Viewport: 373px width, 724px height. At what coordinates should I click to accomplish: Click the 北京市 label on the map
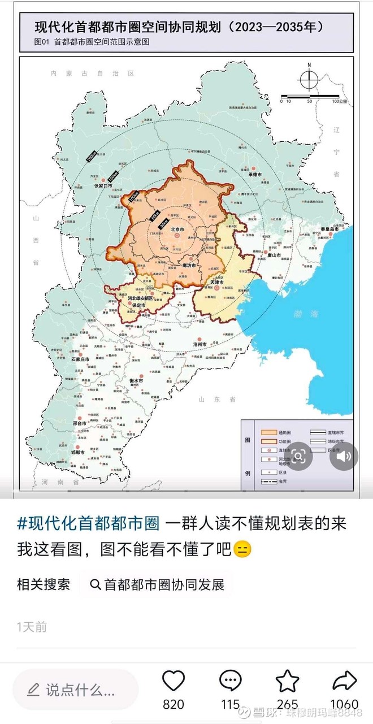click(179, 229)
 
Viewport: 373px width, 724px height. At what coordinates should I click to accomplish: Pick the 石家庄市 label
click(80, 359)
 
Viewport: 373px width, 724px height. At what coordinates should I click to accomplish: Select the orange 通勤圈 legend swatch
click(267, 432)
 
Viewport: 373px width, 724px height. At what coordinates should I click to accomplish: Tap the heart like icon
click(174, 682)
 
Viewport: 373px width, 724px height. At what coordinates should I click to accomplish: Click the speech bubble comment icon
click(230, 682)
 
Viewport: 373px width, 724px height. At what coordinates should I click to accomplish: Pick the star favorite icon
click(287, 682)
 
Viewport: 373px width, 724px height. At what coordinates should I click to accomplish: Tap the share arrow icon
click(344, 682)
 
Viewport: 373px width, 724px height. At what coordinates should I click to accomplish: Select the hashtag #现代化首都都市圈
click(88, 523)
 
